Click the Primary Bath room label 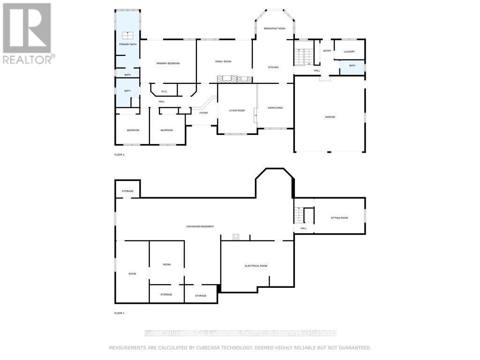pyautogui.click(x=127, y=45)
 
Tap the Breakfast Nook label pyautogui.click(x=274, y=29)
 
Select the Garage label pyautogui.click(x=330, y=117)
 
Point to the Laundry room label pyautogui.click(x=349, y=52)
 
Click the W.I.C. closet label pyautogui.click(x=165, y=91)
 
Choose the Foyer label pyautogui.click(x=203, y=113)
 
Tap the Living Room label pyautogui.click(x=237, y=111)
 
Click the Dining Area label pyautogui.click(x=275, y=108)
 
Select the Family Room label pyautogui.click(x=224, y=61)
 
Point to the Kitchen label pyautogui.click(x=273, y=67)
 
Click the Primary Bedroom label pyautogui.click(x=168, y=63)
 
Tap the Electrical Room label pyautogui.click(x=256, y=266)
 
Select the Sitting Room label pyautogui.click(x=339, y=218)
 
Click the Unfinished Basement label pyautogui.click(x=200, y=226)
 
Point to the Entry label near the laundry pyautogui.click(x=327, y=51)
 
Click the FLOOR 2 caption pyautogui.click(x=120, y=154)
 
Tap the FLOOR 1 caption pyautogui.click(x=120, y=313)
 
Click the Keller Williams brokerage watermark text pyautogui.click(x=240, y=333)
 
